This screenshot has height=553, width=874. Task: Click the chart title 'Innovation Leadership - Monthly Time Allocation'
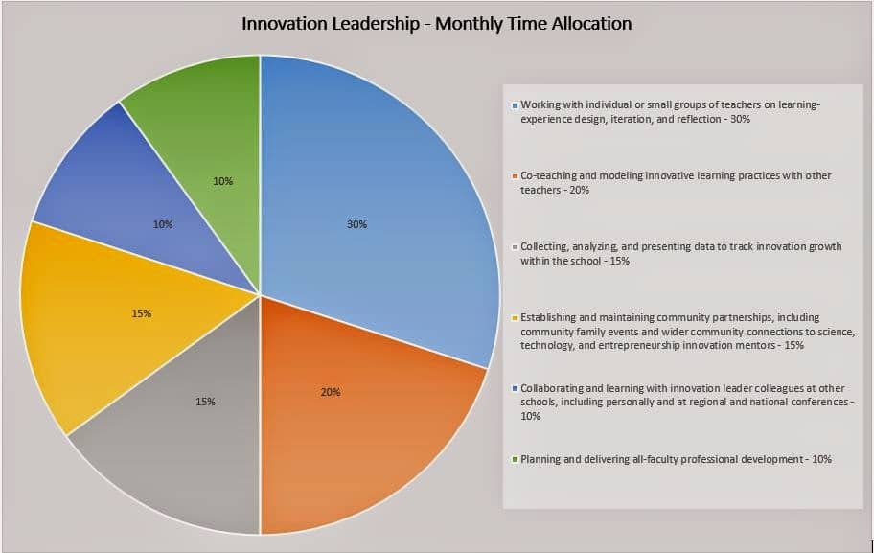[x=436, y=24]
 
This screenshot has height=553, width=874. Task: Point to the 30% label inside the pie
[x=356, y=224]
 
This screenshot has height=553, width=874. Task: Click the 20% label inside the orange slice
[x=331, y=392]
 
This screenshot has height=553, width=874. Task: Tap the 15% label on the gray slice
[x=205, y=402]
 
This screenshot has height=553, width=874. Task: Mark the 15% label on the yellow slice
[x=142, y=313]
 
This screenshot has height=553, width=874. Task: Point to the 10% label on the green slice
[x=223, y=181]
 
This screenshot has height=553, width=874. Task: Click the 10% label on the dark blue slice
[x=163, y=224]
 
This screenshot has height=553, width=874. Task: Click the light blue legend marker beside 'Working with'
[x=515, y=104]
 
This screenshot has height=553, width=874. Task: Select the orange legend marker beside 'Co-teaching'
[x=515, y=176]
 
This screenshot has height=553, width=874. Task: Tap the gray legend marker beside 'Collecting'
[x=515, y=247]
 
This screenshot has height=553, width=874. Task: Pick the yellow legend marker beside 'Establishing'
[x=515, y=318]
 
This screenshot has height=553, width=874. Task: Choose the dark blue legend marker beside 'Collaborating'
[x=515, y=388]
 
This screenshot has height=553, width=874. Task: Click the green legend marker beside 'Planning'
[x=515, y=459]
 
